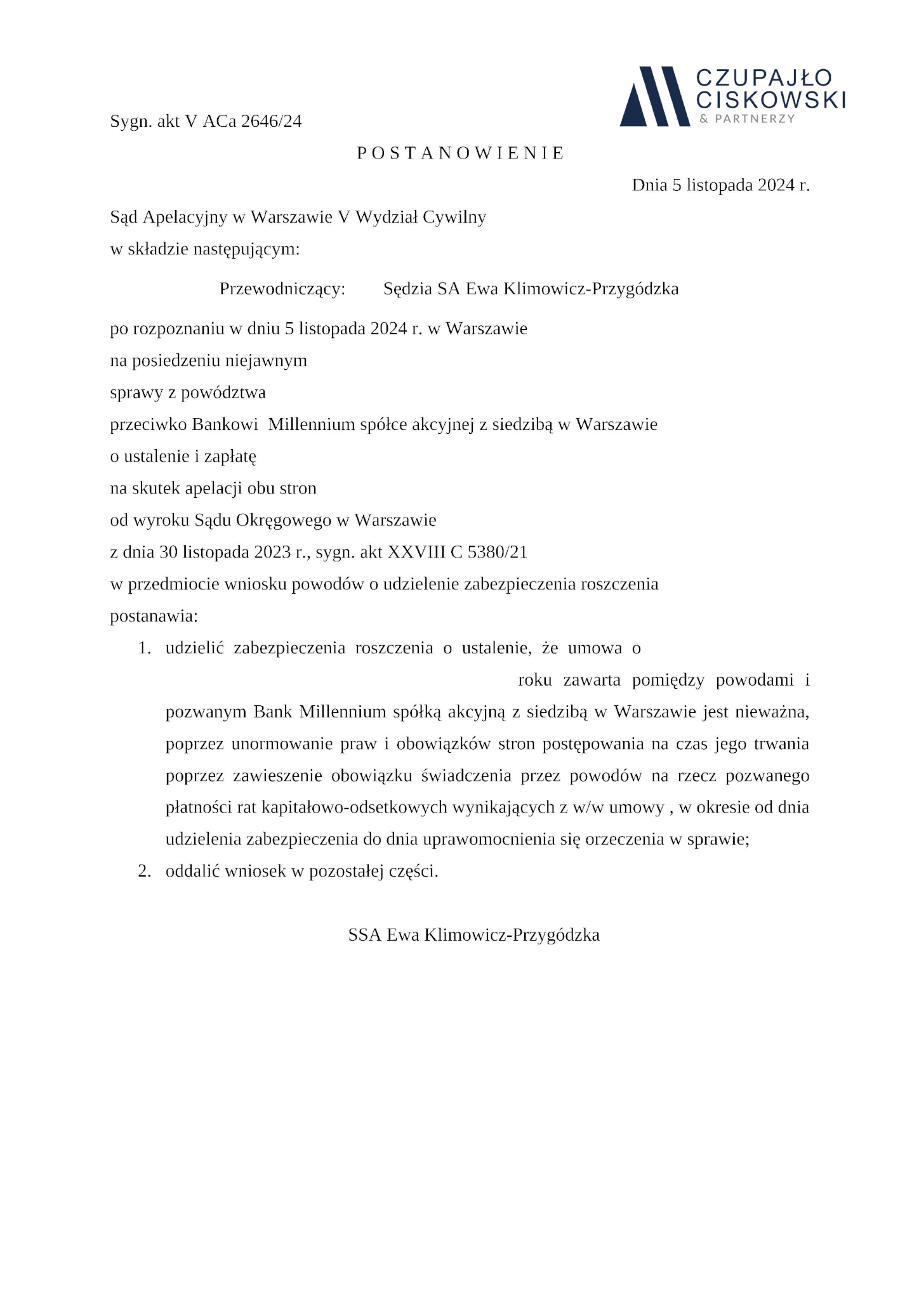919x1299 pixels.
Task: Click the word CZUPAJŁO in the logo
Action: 764,78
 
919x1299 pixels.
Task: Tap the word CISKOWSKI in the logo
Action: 770,100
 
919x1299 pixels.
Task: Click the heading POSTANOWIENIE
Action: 460,153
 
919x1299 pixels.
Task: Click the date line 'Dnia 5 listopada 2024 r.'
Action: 720,185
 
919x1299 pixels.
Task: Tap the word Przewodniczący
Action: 282,289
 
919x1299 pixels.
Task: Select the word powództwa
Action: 223,393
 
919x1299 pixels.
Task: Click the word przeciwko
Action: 149,424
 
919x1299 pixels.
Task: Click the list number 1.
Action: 144,648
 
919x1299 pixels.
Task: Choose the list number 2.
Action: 144,871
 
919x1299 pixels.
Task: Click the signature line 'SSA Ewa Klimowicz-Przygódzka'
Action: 473,935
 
